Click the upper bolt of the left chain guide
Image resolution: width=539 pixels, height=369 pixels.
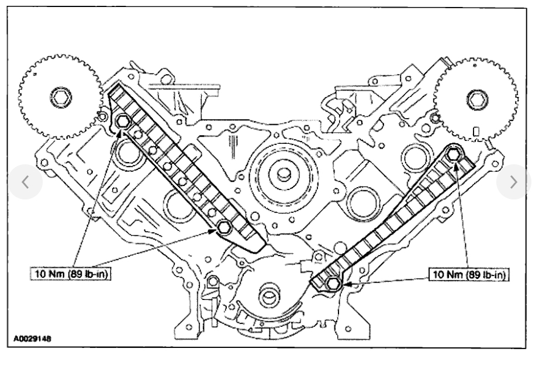pyautogui.click(x=123, y=122)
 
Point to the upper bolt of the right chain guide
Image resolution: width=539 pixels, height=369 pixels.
pyautogui.click(x=454, y=154)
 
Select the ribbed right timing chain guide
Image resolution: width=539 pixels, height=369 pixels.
pyautogui.click(x=398, y=216)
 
